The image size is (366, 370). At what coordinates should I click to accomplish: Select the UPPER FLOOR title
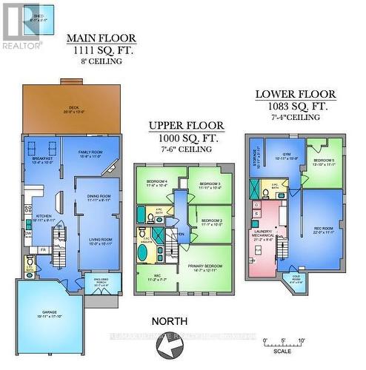pos(183,126)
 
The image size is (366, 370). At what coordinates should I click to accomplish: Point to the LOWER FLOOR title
pos(296,95)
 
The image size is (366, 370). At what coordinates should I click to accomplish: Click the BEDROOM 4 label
pos(156,182)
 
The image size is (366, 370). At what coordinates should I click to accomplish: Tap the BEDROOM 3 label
pos(210,184)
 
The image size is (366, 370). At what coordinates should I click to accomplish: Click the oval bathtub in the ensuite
pos(143,252)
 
